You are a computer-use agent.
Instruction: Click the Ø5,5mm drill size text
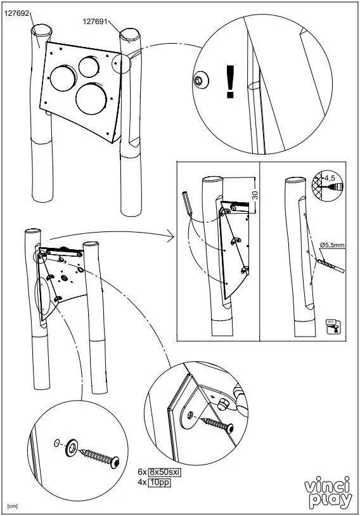coord(333,244)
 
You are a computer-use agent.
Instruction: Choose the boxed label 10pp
coord(159,482)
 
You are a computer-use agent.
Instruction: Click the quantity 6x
coord(142,472)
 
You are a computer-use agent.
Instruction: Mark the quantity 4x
coord(142,482)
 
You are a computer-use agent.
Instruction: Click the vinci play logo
coord(328,493)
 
